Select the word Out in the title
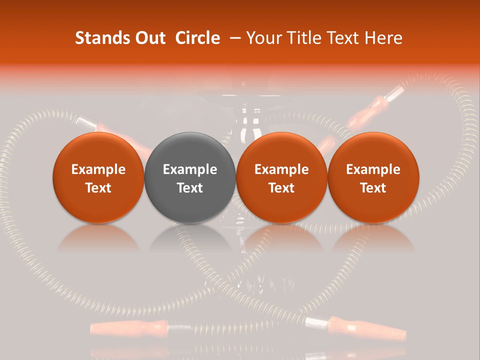[148, 38]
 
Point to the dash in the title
[236, 38]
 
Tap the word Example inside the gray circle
[190, 169]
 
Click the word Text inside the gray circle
[190, 188]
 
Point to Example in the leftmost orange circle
[98, 169]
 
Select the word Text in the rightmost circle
[373, 188]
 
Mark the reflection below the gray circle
[190, 237]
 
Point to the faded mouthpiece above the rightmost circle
[372, 107]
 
